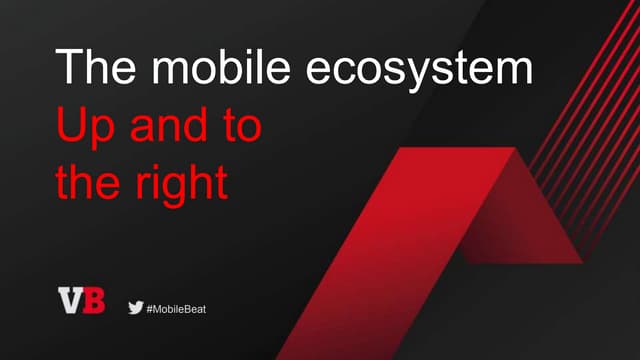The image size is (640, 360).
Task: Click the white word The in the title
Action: [89, 68]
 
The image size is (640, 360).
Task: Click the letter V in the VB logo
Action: [70, 300]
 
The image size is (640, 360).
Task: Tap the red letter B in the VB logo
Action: [93, 300]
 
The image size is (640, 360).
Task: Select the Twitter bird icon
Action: [135, 308]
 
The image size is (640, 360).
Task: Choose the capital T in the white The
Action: [67, 67]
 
